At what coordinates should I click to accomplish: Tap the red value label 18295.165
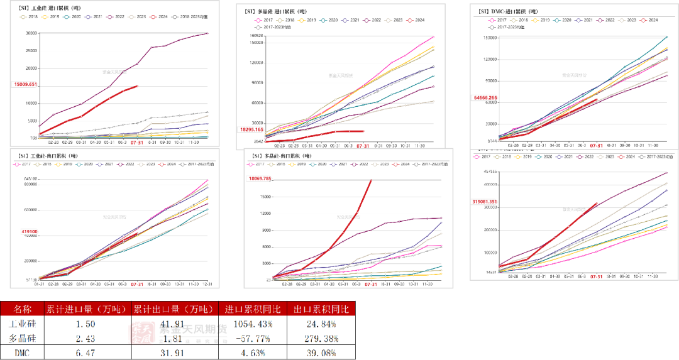252,129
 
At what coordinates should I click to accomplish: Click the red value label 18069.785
259,179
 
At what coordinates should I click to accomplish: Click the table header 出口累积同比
320,308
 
